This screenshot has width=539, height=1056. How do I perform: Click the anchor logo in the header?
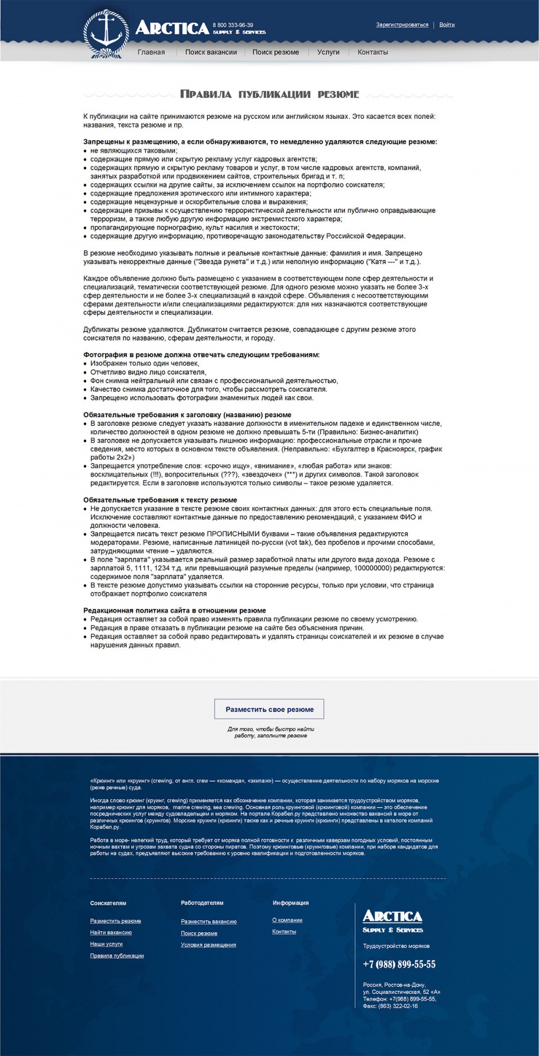[106, 33]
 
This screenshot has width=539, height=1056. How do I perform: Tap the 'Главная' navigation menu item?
[151, 52]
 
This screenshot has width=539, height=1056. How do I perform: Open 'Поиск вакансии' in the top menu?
[211, 52]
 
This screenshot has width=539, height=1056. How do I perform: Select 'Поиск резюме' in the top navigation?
[275, 52]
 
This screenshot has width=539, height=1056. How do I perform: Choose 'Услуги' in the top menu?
[328, 52]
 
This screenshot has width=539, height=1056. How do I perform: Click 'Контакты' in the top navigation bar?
[372, 52]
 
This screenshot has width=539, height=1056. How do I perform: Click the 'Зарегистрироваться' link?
[402, 25]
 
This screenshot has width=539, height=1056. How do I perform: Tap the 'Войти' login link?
[447, 25]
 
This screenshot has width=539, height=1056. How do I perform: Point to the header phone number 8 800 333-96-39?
[233, 25]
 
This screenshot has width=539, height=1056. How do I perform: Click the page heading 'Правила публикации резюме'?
[269, 94]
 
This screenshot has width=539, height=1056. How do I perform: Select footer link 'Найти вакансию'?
[111, 933]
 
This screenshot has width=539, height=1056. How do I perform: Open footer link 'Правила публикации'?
[117, 956]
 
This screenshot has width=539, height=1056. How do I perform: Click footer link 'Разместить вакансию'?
[209, 922]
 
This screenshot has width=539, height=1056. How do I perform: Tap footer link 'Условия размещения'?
[209, 945]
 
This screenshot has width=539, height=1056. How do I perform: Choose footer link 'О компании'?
[287, 920]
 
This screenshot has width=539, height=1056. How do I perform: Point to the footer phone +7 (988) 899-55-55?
[399, 964]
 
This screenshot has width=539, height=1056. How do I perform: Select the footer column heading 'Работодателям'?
[202, 903]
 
